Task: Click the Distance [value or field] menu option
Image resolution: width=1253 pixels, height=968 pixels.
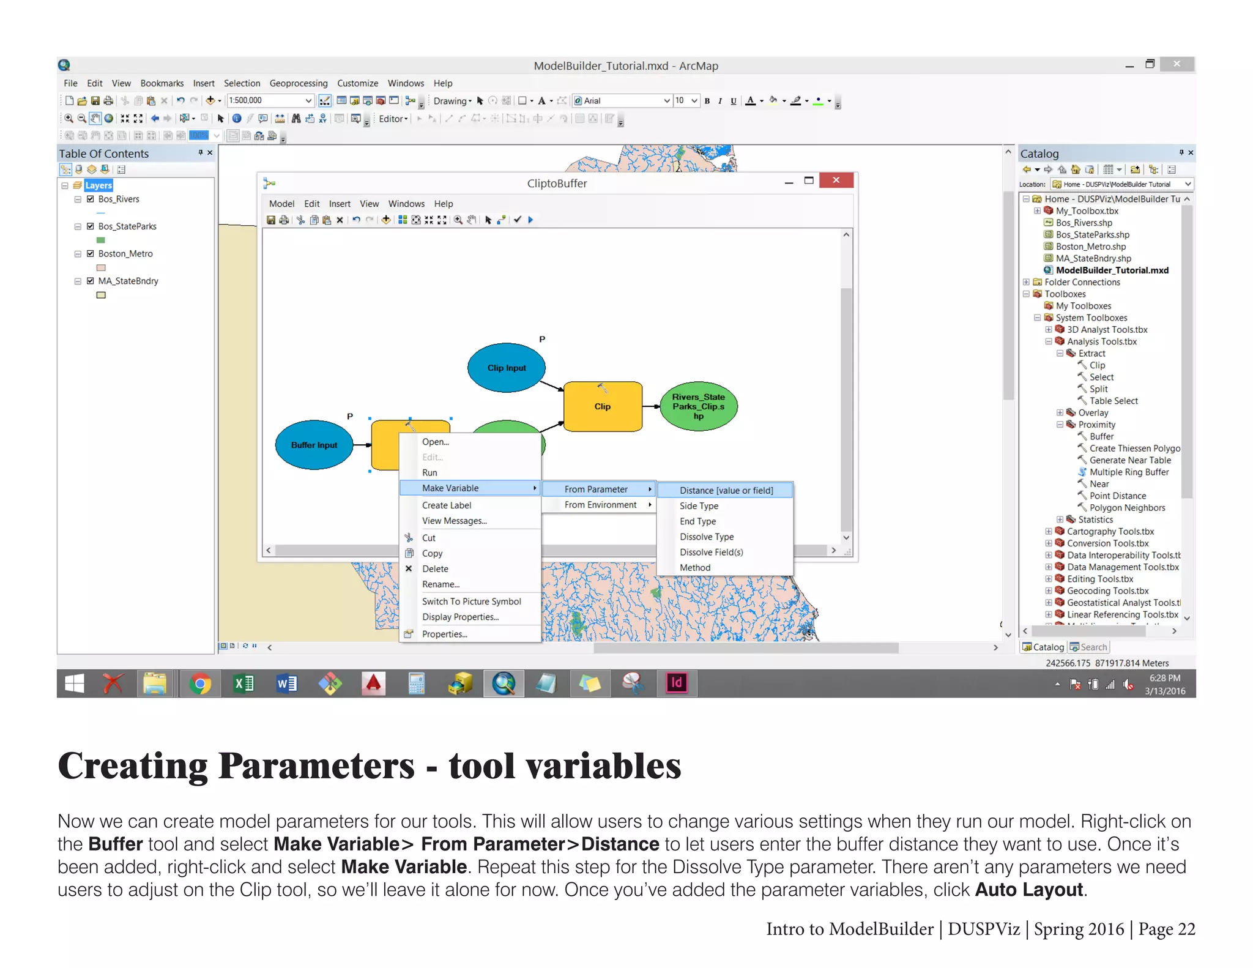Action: coord(726,490)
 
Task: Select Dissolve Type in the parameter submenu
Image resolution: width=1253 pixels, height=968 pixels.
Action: coord(706,537)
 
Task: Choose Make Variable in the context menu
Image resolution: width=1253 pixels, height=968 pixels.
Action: coord(450,488)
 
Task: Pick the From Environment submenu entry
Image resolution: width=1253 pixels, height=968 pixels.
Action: coord(600,505)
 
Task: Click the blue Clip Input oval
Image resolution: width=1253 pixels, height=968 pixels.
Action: coord(506,368)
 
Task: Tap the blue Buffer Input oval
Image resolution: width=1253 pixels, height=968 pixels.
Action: coord(314,445)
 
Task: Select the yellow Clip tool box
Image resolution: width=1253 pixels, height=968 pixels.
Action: coord(602,406)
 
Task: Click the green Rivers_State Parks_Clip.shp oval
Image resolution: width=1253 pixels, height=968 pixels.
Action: coord(698,406)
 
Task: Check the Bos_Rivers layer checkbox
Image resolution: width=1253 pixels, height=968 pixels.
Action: coord(91,199)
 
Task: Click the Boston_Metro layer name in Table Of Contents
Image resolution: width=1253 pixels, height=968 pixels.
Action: coord(125,253)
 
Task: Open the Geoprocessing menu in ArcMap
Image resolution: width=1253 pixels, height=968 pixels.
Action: coord(298,83)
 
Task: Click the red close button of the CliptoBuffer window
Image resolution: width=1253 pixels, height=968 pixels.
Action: coord(836,180)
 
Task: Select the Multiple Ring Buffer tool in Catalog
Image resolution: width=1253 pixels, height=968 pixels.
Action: coord(1129,472)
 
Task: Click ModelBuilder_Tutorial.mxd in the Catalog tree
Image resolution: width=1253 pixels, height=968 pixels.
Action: coord(1112,270)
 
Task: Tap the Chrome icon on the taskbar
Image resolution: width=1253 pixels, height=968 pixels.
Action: coord(199,683)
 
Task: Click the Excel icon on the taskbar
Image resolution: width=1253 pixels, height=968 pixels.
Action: coord(244,683)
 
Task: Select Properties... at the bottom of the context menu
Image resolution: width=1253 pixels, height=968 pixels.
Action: coord(444,634)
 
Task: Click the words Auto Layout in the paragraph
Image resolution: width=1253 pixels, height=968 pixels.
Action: coord(1028,889)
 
